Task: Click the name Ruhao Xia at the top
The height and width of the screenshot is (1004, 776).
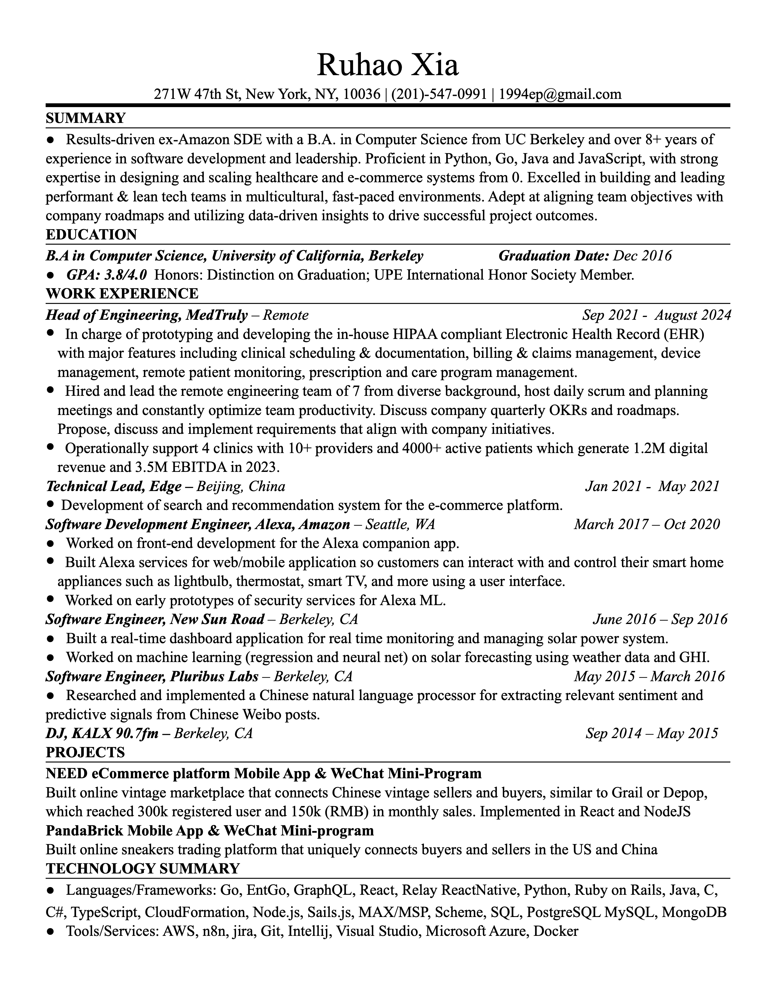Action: [387, 65]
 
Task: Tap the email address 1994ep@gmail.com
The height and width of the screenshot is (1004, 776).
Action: [560, 94]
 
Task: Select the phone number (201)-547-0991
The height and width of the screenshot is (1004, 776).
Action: [439, 94]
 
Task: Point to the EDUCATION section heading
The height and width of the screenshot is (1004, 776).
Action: [91, 235]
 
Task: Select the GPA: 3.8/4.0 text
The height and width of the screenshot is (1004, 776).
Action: [107, 275]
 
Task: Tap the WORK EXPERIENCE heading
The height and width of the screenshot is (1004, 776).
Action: [122, 293]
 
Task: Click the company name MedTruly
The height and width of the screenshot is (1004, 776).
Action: [218, 315]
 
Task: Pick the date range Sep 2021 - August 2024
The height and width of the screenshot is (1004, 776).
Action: [656, 315]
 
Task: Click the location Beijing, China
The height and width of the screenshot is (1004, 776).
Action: [240, 486]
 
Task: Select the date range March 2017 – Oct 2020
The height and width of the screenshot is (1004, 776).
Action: [646, 525]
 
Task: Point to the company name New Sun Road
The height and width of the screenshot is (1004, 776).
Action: [217, 620]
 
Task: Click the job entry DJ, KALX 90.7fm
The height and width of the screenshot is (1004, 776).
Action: [102, 733]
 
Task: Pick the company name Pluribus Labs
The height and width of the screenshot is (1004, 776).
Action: [214, 677]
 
